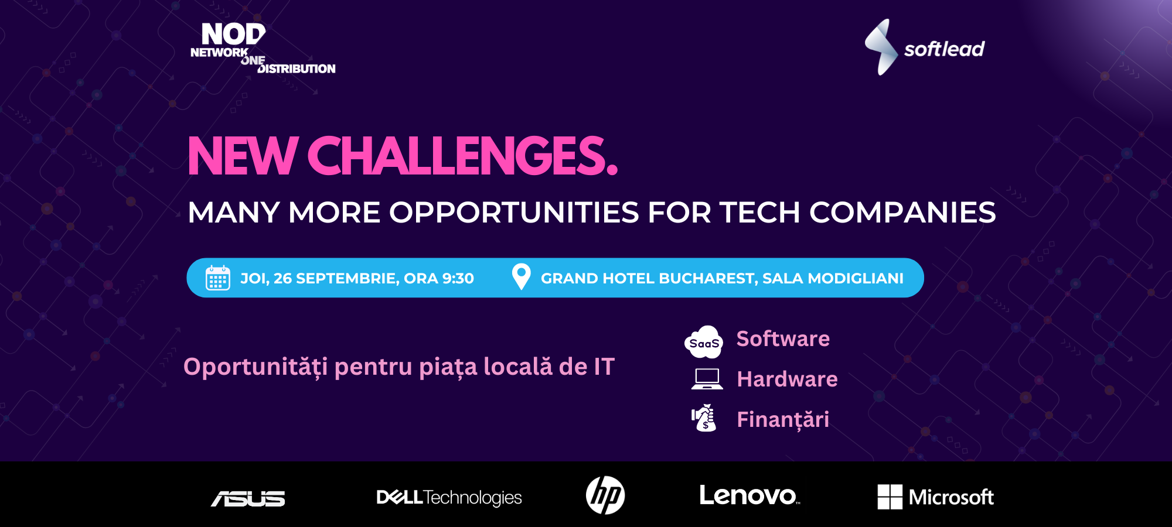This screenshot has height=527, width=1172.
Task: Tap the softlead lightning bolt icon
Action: [881, 47]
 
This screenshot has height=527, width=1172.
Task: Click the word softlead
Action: [943, 49]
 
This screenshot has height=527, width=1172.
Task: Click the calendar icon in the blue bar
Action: [217, 278]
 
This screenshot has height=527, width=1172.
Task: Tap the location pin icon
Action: [521, 276]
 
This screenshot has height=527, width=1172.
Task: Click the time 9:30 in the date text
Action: [458, 279]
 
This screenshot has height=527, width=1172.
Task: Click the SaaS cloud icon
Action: [704, 342]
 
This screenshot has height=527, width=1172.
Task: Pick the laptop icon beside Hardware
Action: [707, 379]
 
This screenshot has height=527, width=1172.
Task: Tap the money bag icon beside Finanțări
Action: [704, 418]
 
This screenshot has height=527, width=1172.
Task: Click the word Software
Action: [783, 339]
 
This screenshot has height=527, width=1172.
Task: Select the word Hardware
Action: [787, 379]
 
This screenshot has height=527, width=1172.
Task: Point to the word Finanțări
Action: [783, 420]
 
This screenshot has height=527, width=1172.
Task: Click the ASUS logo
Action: [248, 498]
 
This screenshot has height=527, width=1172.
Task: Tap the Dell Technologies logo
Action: [449, 498]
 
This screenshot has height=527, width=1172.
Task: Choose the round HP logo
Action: [605, 495]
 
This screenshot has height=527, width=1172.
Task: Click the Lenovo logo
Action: [749, 496]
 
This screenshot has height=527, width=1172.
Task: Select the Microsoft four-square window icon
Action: [890, 497]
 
